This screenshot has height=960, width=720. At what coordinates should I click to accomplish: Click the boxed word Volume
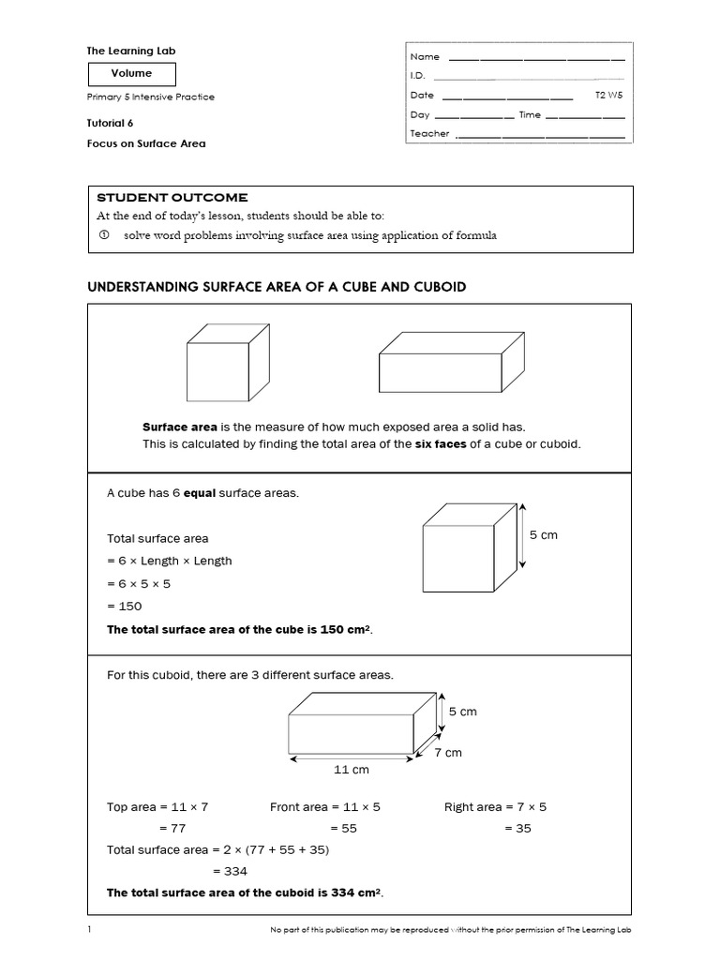click(x=131, y=73)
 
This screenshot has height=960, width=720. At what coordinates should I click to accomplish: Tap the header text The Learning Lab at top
click(x=131, y=51)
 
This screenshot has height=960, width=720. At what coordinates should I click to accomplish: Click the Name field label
click(x=425, y=57)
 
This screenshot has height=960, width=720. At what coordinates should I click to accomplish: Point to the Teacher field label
click(x=429, y=134)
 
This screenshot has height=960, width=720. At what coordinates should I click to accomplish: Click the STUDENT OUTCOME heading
click(x=172, y=198)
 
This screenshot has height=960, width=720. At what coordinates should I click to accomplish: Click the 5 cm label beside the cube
click(x=543, y=535)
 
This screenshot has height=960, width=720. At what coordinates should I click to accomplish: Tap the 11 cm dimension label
click(x=352, y=770)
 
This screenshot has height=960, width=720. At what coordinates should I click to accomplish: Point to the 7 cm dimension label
click(x=447, y=753)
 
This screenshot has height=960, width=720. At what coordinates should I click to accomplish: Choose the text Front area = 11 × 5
click(x=324, y=807)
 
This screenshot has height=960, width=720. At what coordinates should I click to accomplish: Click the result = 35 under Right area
click(x=517, y=829)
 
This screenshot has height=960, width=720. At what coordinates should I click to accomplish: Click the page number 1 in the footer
click(x=89, y=930)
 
